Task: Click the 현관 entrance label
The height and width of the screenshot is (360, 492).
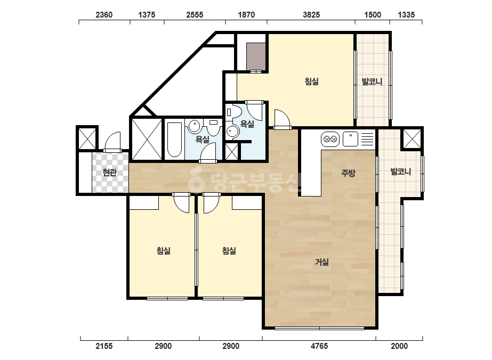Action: coord(109,172)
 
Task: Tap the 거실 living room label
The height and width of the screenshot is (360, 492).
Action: coord(322,261)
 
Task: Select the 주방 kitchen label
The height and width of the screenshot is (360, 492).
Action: coord(348,173)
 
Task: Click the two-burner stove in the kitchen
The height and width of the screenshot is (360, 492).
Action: coord(330,139)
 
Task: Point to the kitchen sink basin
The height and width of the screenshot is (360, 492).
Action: coord(350,139)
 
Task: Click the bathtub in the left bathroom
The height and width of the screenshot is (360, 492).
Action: coord(174,140)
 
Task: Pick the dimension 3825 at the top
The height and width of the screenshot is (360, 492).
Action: coord(311,15)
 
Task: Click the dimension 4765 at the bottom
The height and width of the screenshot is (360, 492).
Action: coord(319,346)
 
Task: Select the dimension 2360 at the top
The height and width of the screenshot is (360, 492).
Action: coord(104,15)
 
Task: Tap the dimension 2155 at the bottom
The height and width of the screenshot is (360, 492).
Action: coord(104,346)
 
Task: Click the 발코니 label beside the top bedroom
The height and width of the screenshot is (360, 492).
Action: coord(372,81)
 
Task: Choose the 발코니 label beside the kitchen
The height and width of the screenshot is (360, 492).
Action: coord(401,171)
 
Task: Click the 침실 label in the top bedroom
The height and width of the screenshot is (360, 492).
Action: coord(312,81)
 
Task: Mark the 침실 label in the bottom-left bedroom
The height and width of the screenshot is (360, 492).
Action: coord(164,250)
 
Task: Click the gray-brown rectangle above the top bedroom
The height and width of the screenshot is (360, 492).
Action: coord(256,57)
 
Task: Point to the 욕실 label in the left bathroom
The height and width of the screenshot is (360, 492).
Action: coord(203,139)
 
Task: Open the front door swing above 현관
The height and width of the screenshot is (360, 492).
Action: coord(112,142)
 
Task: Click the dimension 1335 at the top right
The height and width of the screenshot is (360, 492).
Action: coord(406,15)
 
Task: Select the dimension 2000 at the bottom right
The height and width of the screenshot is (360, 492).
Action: coord(399,346)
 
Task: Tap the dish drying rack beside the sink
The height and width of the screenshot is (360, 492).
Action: coord(368,139)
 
